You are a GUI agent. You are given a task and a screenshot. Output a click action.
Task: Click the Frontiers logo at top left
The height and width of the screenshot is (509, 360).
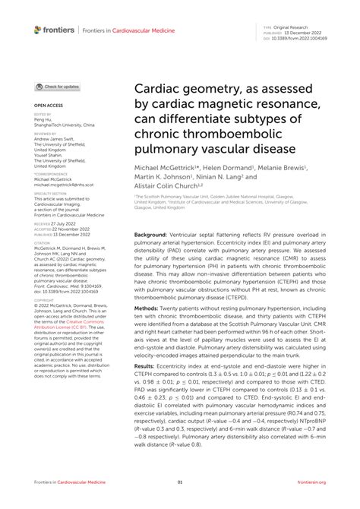[x=54, y=30]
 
